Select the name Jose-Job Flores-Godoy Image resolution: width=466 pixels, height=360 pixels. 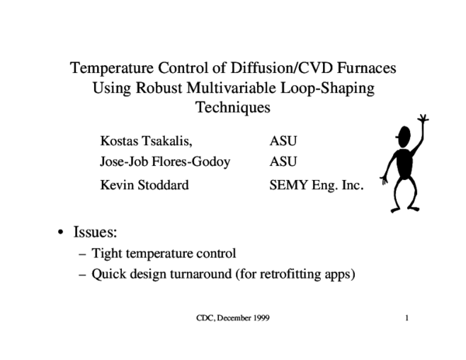[x=165, y=162]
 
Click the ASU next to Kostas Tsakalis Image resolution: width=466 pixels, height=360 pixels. [x=283, y=141]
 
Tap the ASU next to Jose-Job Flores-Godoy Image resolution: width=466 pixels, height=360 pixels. [x=283, y=162]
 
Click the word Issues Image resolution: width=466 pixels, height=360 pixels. [x=95, y=231]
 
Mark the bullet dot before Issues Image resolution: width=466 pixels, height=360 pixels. [x=61, y=232]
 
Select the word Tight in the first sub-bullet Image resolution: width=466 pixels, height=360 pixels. [x=107, y=253]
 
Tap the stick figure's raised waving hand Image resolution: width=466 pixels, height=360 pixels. [x=423, y=121]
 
